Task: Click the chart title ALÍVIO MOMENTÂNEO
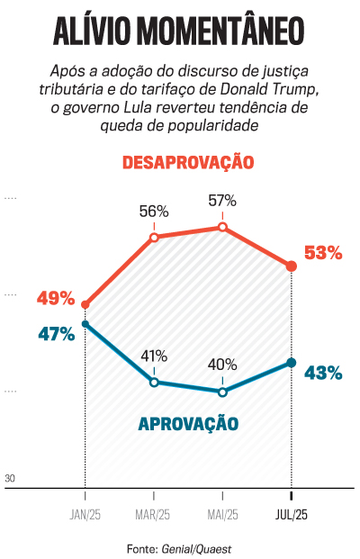click(180, 29)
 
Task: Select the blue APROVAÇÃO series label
click(188, 423)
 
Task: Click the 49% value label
click(56, 298)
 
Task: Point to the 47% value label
click(56, 334)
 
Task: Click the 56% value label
click(154, 212)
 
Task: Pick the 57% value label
click(222, 201)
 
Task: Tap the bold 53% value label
click(323, 254)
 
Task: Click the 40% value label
click(222, 365)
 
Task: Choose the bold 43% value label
click(323, 373)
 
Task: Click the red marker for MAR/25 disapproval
click(154, 238)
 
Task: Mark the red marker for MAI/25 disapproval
click(222, 228)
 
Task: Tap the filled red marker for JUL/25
click(291, 266)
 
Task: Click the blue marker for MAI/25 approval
click(222, 392)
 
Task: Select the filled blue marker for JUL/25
click(291, 363)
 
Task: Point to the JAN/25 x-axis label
click(85, 516)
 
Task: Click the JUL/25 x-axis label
click(291, 516)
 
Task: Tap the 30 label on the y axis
click(11, 478)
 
